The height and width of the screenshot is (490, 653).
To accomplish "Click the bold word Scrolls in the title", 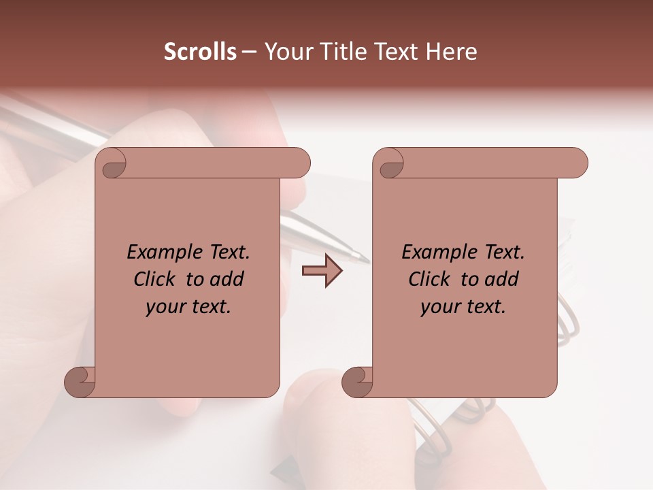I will pyautogui.click(x=201, y=52).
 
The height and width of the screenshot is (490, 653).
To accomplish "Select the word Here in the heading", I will pyautogui.click(x=451, y=52).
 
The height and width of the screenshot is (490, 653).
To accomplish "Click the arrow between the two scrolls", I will pyautogui.click(x=322, y=272).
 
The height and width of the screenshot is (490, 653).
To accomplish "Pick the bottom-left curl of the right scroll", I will pyautogui.click(x=358, y=381).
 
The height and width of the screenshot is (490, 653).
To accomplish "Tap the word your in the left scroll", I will pyautogui.click(x=165, y=307).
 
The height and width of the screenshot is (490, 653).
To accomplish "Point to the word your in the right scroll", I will pyautogui.click(x=439, y=307).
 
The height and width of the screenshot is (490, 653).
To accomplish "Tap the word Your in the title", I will pyautogui.click(x=287, y=52).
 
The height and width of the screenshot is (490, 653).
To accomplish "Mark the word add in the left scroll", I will pyautogui.click(x=227, y=279).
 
